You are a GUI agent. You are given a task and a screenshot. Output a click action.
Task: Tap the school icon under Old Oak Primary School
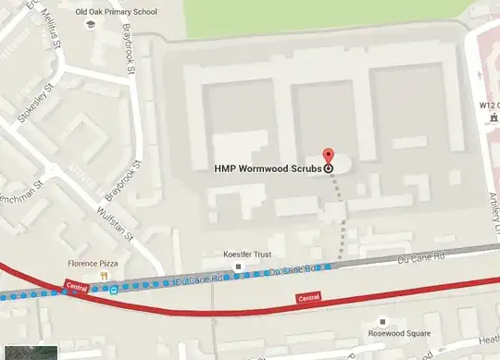91,25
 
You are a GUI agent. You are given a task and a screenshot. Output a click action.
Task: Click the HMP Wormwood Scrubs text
267,169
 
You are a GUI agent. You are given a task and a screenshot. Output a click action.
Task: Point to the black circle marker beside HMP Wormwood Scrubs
329,169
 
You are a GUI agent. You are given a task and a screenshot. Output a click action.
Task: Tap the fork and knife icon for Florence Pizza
106,275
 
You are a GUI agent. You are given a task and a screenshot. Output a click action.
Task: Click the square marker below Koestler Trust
240,267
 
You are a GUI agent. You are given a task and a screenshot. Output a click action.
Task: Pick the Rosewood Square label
380,333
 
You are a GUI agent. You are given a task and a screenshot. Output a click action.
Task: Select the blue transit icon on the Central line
112,289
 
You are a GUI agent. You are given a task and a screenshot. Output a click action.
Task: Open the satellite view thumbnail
29,352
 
